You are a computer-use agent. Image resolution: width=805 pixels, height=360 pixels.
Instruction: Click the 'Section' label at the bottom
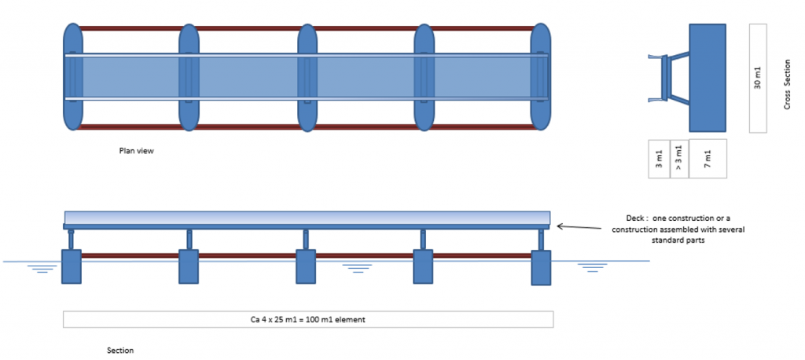(120, 350)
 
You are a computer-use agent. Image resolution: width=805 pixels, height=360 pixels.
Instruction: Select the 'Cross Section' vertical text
(787, 83)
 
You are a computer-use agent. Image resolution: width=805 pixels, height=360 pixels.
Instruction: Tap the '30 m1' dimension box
(758, 78)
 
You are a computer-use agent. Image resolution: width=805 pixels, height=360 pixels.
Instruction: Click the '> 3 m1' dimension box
(679, 160)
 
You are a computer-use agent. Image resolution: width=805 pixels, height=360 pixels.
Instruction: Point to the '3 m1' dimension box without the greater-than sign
(659, 160)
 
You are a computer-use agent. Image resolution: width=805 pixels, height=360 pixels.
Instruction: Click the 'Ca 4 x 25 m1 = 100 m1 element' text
(307, 320)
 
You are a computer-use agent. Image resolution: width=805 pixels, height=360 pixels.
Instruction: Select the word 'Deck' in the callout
(630, 218)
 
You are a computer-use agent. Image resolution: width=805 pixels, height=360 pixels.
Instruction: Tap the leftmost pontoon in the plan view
(72, 77)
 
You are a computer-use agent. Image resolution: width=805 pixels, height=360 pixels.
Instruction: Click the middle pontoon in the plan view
(307, 77)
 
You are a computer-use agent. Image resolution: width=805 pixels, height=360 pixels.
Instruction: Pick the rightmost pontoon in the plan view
(540, 77)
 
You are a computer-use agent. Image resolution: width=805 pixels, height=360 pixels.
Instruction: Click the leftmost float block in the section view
(72, 266)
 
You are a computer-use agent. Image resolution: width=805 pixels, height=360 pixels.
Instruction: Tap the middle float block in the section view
(306, 266)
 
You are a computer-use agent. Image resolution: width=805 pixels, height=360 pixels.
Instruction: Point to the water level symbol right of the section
(592, 267)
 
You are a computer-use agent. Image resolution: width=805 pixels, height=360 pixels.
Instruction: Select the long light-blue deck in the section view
(307, 217)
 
